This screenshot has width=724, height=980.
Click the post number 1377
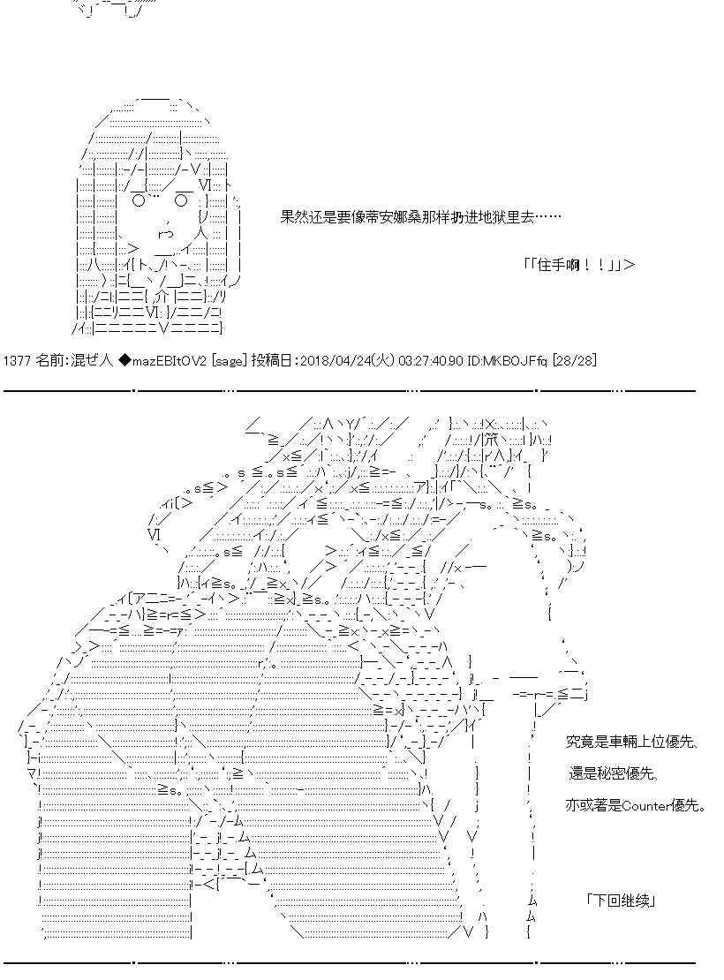17,361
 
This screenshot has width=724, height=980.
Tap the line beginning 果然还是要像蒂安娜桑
419,217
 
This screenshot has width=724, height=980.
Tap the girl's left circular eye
138,200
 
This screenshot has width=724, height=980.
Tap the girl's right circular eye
180,200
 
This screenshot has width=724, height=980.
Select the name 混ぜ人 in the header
94,361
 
